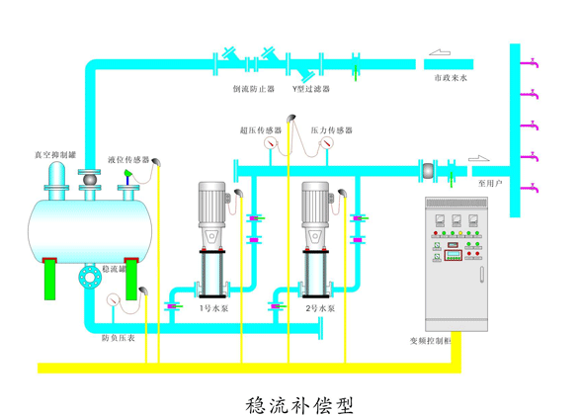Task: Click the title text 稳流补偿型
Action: coord(297,403)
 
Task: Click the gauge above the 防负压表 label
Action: coord(115,298)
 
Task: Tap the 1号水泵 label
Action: coord(213,309)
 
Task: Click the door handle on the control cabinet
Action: coord(479,274)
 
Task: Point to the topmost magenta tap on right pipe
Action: coord(534,62)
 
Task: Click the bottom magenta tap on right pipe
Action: coord(534,187)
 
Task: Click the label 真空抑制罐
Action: coord(51,155)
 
